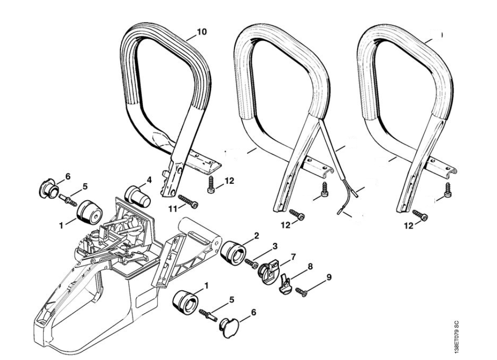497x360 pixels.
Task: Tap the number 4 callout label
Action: click(149, 179)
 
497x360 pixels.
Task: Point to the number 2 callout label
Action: click(256, 235)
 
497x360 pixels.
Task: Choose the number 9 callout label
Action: click(329, 277)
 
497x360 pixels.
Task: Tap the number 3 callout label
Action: click(274, 246)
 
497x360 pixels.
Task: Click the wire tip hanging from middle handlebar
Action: click(343, 211)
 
